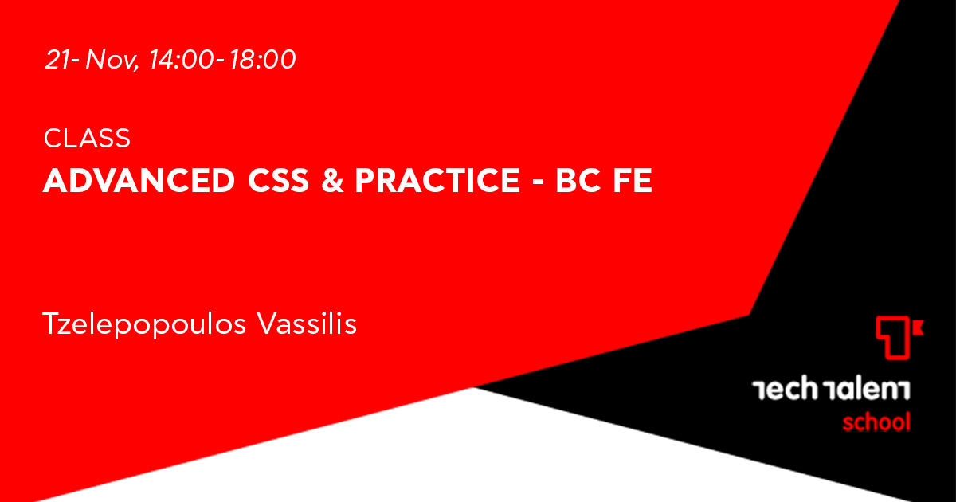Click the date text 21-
pyautogui.click(x=62, y=59)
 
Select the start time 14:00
pyautogui.click(x=181, y=59)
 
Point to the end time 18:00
pyautogui.click(x=262, y=59)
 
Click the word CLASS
pyautogui.click(x=87, y=138)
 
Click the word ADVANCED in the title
pyautogui.click(x=139, y=180)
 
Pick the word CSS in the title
pyautogui.click(x=278, y=180)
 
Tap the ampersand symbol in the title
pyautogui.click(x=332, y=180)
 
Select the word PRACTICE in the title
pyautogui.click(x=437, y=180)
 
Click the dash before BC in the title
pyautogui.click(x=539, y=182)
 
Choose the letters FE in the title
pyautogui.click(x=633, y=180)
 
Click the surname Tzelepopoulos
pyautogui.click(x=144, y=324)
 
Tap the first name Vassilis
pyautogui.click(x=307, y=324)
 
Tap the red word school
pyautogui.click(x=876, y=422)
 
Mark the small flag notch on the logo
pyautogui.click(x=919, y=327)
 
